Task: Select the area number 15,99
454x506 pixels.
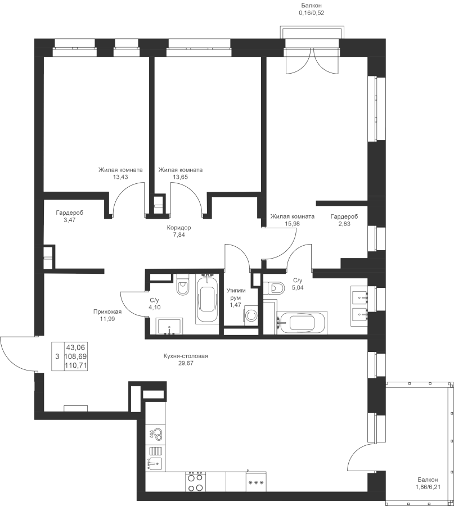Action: pos(292,223)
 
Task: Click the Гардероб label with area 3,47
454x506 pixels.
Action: pos(69,213)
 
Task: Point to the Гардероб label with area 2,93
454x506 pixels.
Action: pos(344,216)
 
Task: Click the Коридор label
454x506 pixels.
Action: pos(179,228)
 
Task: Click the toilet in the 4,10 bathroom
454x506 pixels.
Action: pos(182,285)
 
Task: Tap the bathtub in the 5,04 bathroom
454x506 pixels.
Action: pos(303,323)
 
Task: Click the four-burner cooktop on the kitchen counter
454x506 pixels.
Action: pos(195,481)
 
